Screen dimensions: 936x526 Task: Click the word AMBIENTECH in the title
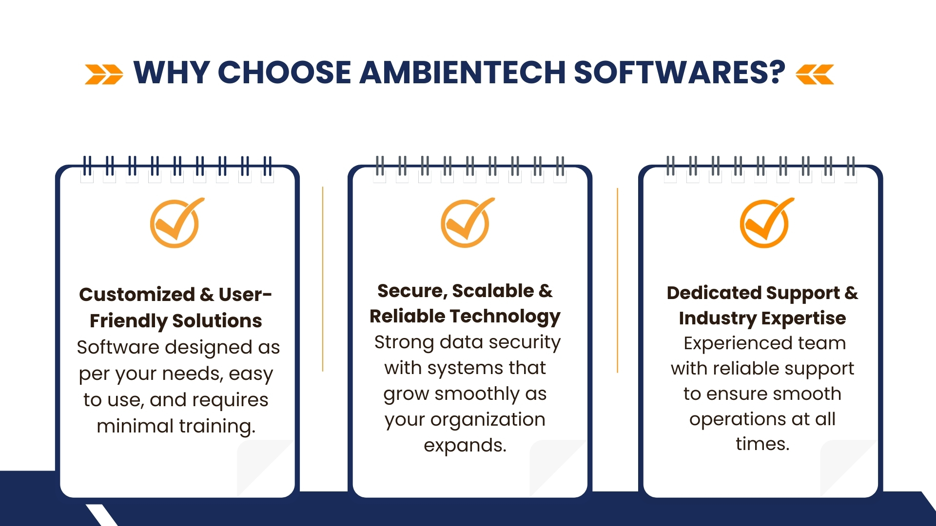click(x=462, y=73)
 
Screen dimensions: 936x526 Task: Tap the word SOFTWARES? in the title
click(x=679, y=73)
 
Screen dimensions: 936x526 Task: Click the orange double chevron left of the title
click(x=104, y=74)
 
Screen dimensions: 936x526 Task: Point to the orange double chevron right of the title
click(x=815, y=74)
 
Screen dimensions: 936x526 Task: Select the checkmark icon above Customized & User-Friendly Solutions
click(x=175, y=224)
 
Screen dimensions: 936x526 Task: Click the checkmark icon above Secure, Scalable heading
click(x=467, y=224)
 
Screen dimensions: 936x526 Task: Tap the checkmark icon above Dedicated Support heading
click(x=766, y=224)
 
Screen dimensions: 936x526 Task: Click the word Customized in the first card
click(x=137, y=294)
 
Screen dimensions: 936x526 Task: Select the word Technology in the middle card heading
click(x=507, y=317)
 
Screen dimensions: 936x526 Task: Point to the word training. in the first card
click(x=217, y=427)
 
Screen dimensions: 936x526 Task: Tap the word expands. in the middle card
click(x=465, y=446)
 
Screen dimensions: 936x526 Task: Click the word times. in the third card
click(x=762, y=444)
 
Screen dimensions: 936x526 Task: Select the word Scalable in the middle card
click(x=493, y=291)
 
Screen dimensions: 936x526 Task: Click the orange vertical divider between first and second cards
click(x=323, y=279)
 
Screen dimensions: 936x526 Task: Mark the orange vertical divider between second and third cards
click(x=618, y=281)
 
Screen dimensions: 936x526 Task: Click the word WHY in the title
click(x=172, y=73)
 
